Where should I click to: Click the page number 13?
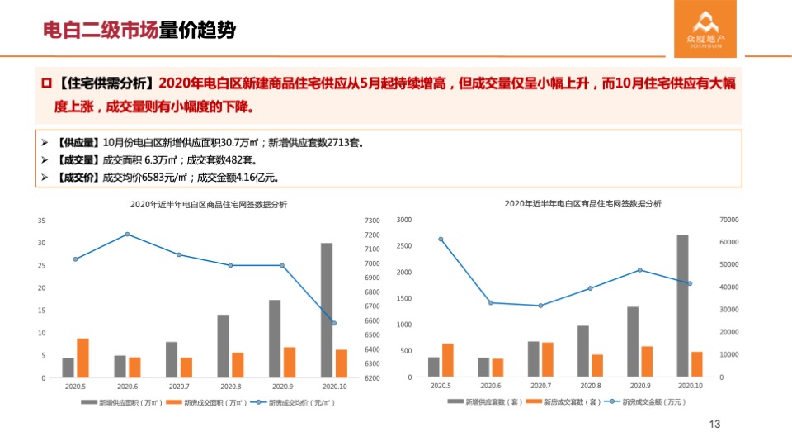(x=714, y=425)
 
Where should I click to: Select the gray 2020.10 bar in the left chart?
(x=327, y=311)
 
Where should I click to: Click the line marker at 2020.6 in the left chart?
(x=127, y=235)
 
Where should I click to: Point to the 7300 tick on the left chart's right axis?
(x=370, y=221)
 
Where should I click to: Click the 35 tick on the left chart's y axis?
(x=41, y=221)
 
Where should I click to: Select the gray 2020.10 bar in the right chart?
(x=682, y=306)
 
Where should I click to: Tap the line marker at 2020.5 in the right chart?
(x=441, y=240)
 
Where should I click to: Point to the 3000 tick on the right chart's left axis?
(x=403, y=220)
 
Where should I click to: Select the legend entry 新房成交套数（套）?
(x=561, y=402)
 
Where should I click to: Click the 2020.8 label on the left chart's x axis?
(x=230, y=387)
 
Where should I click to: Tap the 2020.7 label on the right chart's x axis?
(x=540, y=386)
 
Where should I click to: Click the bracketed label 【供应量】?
(x=78, y=142)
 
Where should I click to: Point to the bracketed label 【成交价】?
(x=78, y=177)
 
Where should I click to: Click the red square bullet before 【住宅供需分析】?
(x=47, y=83)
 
